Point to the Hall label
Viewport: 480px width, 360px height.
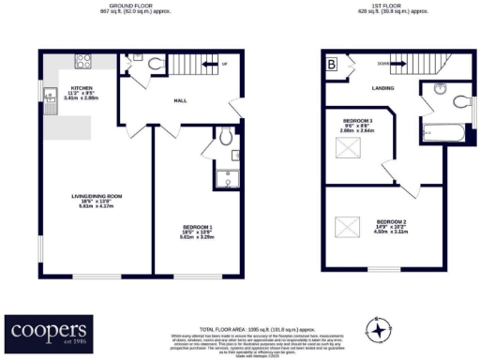(184, 99)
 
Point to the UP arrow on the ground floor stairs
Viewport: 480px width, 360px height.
(222, 65)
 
